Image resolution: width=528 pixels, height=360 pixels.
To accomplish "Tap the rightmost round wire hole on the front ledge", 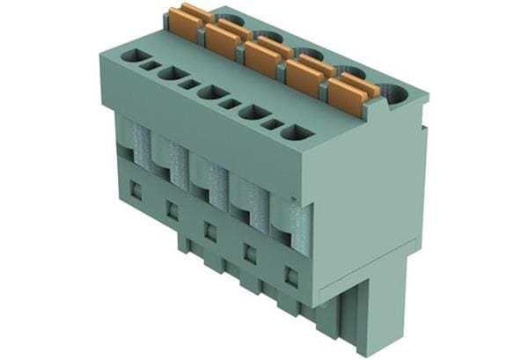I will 297,133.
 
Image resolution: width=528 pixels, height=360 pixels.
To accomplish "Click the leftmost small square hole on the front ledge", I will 152,65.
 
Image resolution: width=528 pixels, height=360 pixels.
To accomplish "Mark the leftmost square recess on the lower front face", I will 136,188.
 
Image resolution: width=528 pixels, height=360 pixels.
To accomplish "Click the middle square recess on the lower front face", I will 210,231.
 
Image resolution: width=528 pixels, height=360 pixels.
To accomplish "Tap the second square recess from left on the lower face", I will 172,210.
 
